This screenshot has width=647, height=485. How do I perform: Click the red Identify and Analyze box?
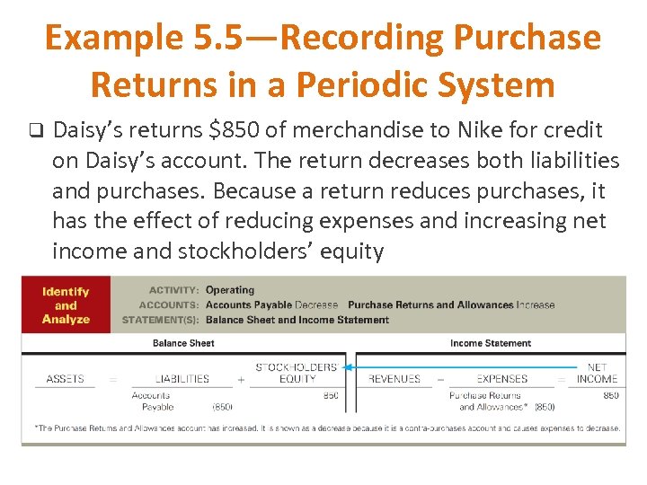pos(66,305)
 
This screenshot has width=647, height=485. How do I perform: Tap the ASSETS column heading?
pos(65,379)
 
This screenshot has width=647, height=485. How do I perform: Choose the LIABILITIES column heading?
pos(182,379)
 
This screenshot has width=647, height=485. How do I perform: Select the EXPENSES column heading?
pos(502,379)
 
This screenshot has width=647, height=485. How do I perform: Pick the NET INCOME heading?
pos(597,373)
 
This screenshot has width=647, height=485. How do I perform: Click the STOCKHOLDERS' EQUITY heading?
pos(297,373)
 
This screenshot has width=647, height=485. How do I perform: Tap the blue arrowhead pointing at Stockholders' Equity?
pos(348,366)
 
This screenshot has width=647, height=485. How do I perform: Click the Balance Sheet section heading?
pos(182,343)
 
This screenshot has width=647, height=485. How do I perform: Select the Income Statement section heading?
pos(490,343)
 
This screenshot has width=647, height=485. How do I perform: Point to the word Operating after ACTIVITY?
pos(230,290)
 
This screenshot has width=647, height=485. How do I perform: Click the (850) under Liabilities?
pos(222,408)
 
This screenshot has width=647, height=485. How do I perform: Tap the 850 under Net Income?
pos(610,395)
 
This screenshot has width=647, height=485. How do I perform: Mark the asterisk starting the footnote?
pos(36,428)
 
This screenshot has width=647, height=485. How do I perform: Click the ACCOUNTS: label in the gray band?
pos(173,305)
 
